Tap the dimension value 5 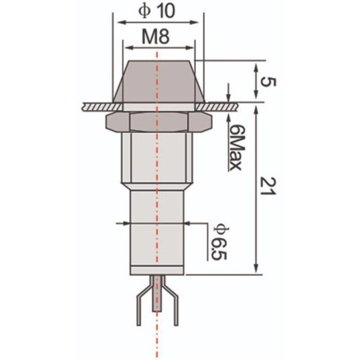[272, 81]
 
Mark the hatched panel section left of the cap [96, 104]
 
